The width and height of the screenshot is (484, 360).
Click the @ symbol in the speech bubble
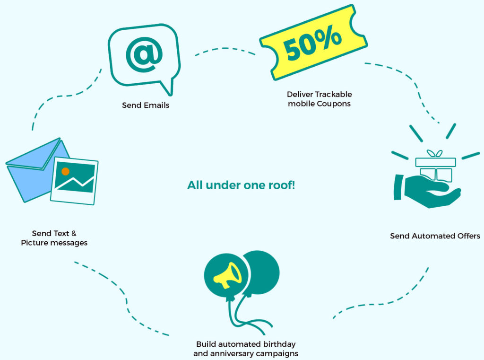tap(144, 55)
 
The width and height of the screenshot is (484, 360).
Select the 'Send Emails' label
tap(146, 105)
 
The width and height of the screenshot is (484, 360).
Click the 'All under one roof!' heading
tap(241, 185)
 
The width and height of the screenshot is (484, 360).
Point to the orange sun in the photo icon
tap(65, 171)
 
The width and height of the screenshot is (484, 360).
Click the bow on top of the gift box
tap(435, 154)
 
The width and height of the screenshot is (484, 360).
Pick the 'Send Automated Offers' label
tap(435, 236)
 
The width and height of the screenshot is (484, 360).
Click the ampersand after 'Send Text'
tap(74, 233)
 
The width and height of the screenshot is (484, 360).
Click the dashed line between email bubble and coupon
tap(225, 49)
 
